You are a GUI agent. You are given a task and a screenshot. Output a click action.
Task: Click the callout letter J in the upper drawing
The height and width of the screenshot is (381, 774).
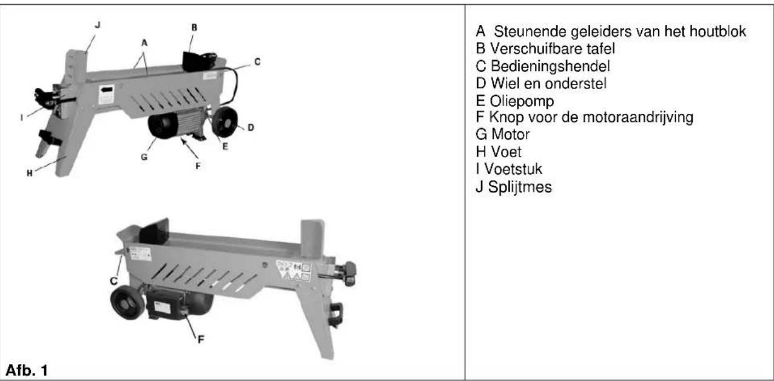pyautogui.click(x=98, y=25)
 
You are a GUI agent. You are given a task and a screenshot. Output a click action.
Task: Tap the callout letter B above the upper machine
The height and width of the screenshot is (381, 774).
pyautogui.click(x=193, y=27)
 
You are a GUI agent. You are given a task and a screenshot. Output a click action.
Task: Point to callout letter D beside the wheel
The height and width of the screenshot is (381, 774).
pyautogui.click(x=251, y=127)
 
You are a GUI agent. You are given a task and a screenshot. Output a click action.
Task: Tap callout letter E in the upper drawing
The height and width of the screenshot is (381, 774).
pyautogui.click(x=225, y=146)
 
